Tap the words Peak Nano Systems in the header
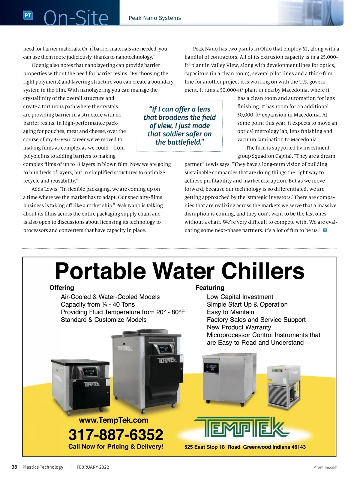pos(154,18)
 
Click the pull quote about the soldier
pos(179,126)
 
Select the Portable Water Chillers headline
pos(179,271)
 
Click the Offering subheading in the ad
pos(61,288)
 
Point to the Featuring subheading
pos(210,288)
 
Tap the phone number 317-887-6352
pos(116,434)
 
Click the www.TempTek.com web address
pos(113,420)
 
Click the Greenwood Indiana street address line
pos(245,447)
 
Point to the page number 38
pos(14,467)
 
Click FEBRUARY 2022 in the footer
pos(93,467)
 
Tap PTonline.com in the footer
pos(325,467)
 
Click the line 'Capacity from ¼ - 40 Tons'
pos(98,304)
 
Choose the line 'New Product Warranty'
pos(239,327)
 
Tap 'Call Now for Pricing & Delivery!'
pos(116,446)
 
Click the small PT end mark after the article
pos(325,230)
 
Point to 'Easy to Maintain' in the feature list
pos(230,312)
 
